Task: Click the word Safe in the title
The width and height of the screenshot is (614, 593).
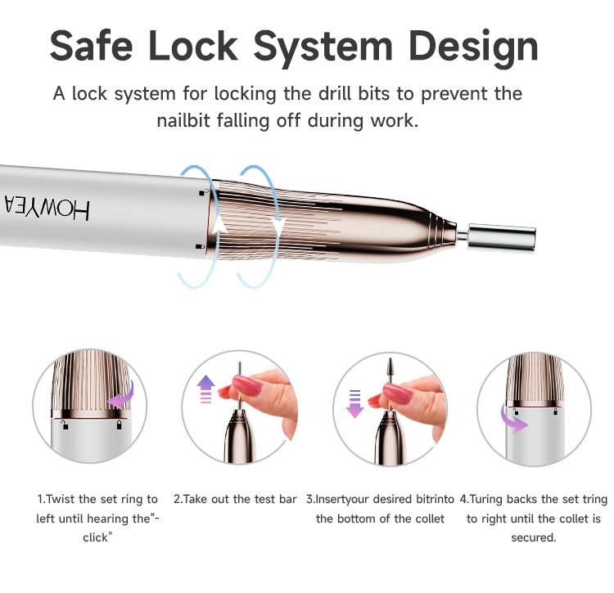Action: [x=91, y=45]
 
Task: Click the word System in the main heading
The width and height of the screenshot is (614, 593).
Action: [x=323, y=47]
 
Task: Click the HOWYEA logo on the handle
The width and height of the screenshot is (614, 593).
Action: [x=47, y=207]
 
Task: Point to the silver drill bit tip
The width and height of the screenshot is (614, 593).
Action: [x=502, y=237]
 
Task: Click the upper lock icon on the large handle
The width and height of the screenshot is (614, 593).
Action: [x=202, y=192]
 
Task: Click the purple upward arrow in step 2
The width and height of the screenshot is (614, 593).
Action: [x=206, y=389]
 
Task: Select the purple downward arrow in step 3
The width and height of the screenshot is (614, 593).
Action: [x=354, y=404]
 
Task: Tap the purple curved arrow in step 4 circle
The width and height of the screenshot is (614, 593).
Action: [x=513, y=419]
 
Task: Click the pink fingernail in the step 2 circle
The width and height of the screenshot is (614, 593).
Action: [x=246, y=385]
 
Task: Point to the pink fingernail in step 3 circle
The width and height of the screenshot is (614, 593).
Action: [x=397, y=393]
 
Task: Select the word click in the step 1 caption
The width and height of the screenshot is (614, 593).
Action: [x=95, y=537]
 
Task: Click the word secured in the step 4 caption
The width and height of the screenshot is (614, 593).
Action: [x=533, y=537]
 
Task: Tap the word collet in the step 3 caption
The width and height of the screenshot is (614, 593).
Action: [x=430, y=519]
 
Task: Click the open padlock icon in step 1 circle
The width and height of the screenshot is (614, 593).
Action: [x=65, y=425]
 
